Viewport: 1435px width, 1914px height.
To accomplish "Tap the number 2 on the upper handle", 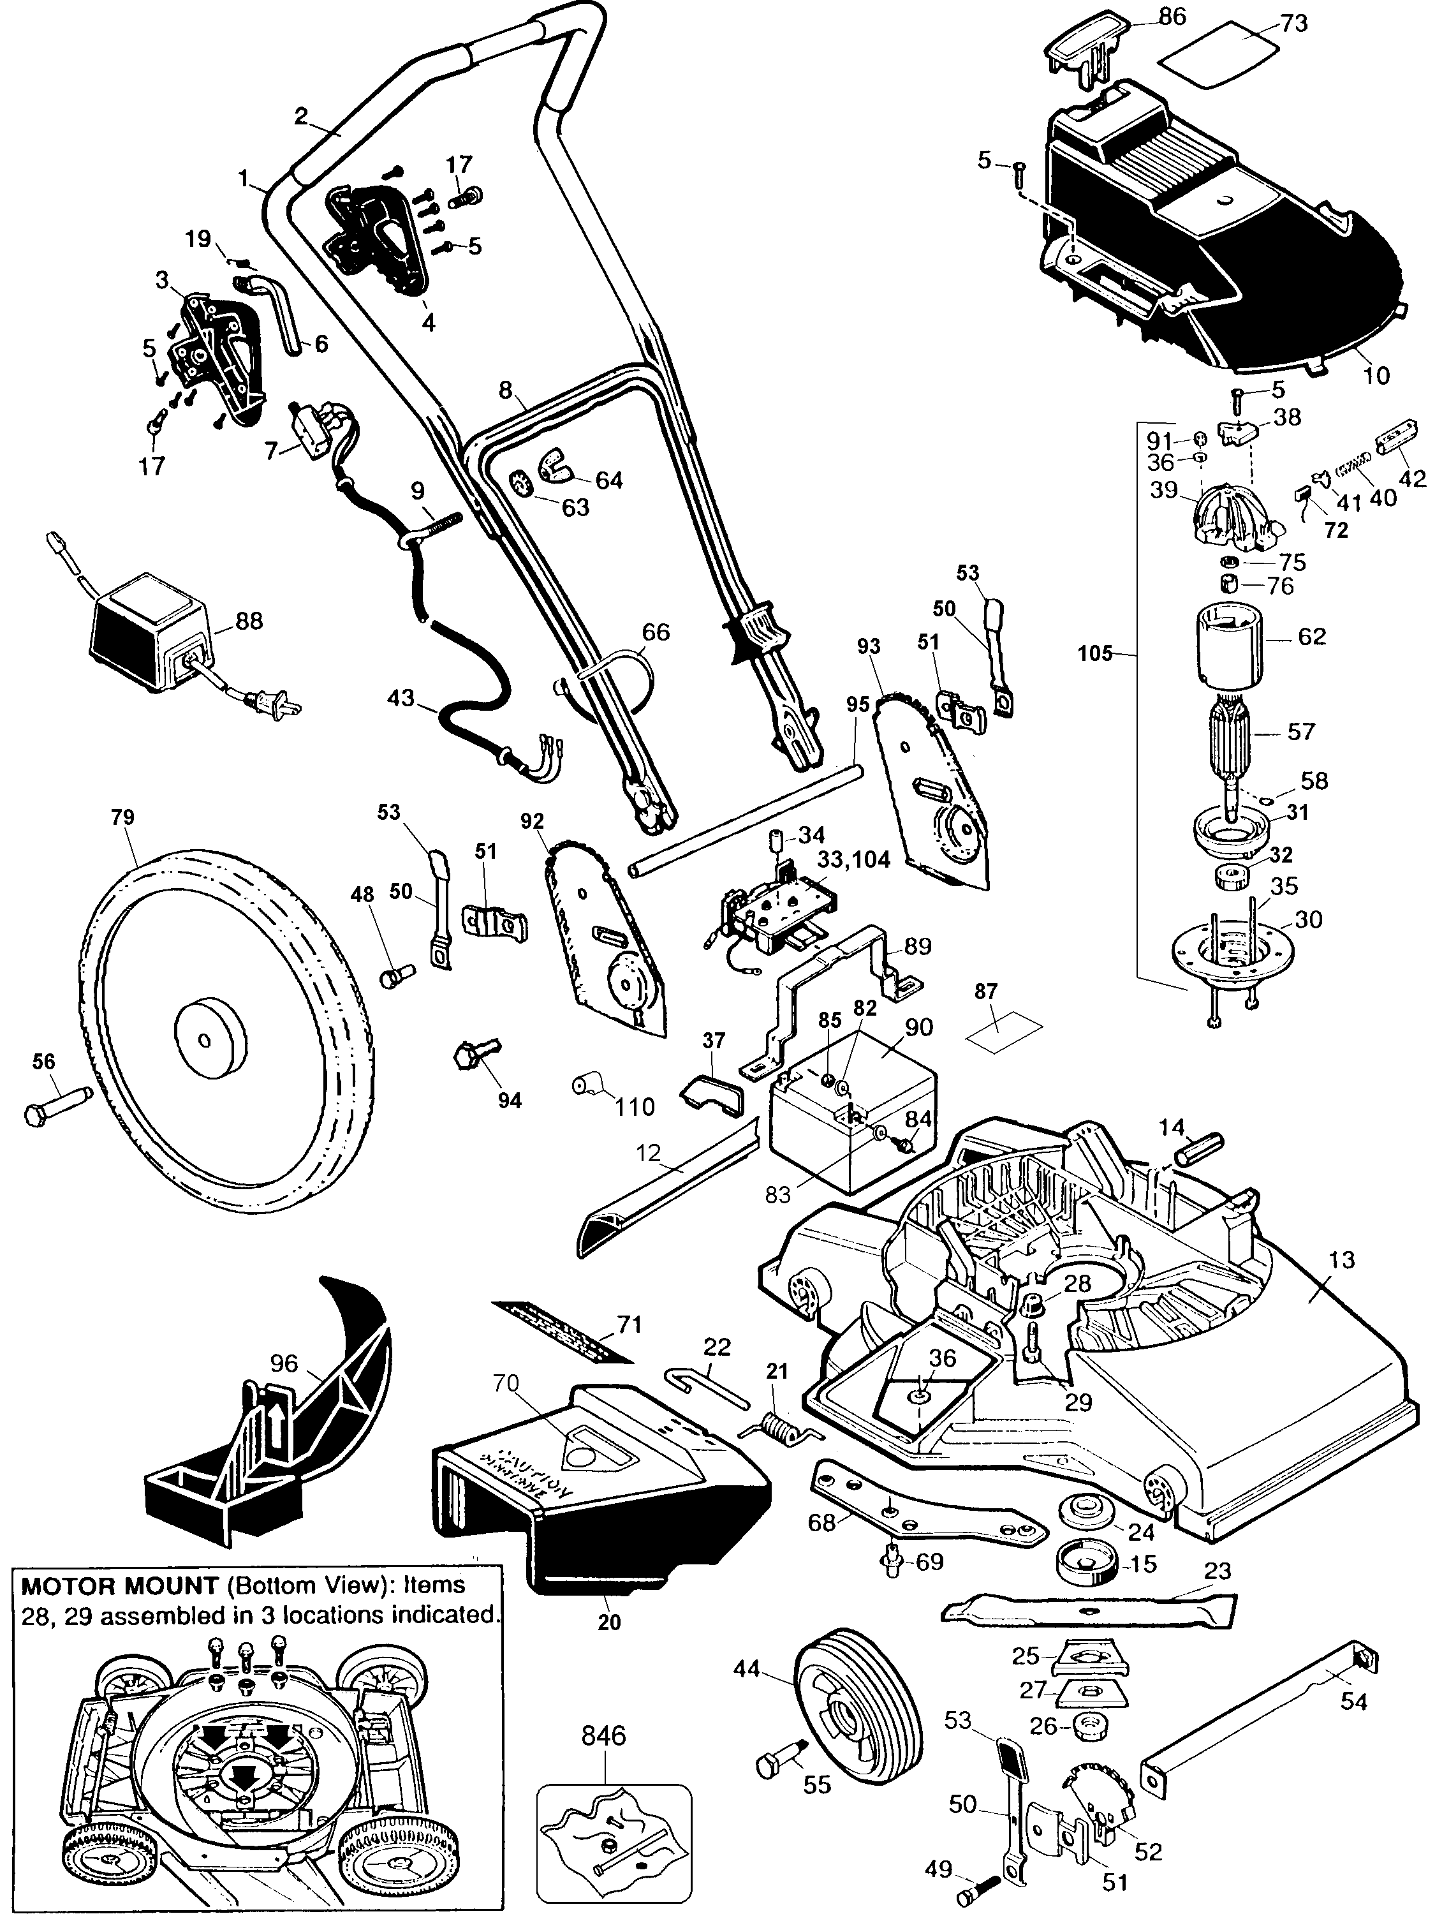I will click(x=301, y=117).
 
